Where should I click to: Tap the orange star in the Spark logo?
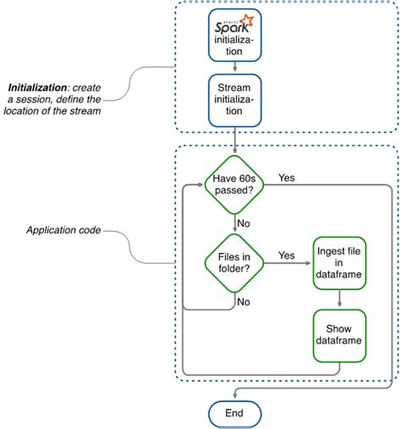249,19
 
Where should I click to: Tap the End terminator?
235,414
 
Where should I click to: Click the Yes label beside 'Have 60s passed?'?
287,179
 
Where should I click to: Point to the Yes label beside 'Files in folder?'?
287,255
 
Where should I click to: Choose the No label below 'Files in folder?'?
243,301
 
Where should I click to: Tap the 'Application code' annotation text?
63,230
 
